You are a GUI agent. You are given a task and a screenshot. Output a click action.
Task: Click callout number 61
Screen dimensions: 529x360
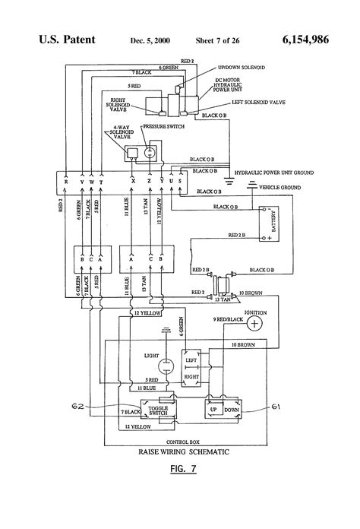pyautogui.click(x=276, y=407)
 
